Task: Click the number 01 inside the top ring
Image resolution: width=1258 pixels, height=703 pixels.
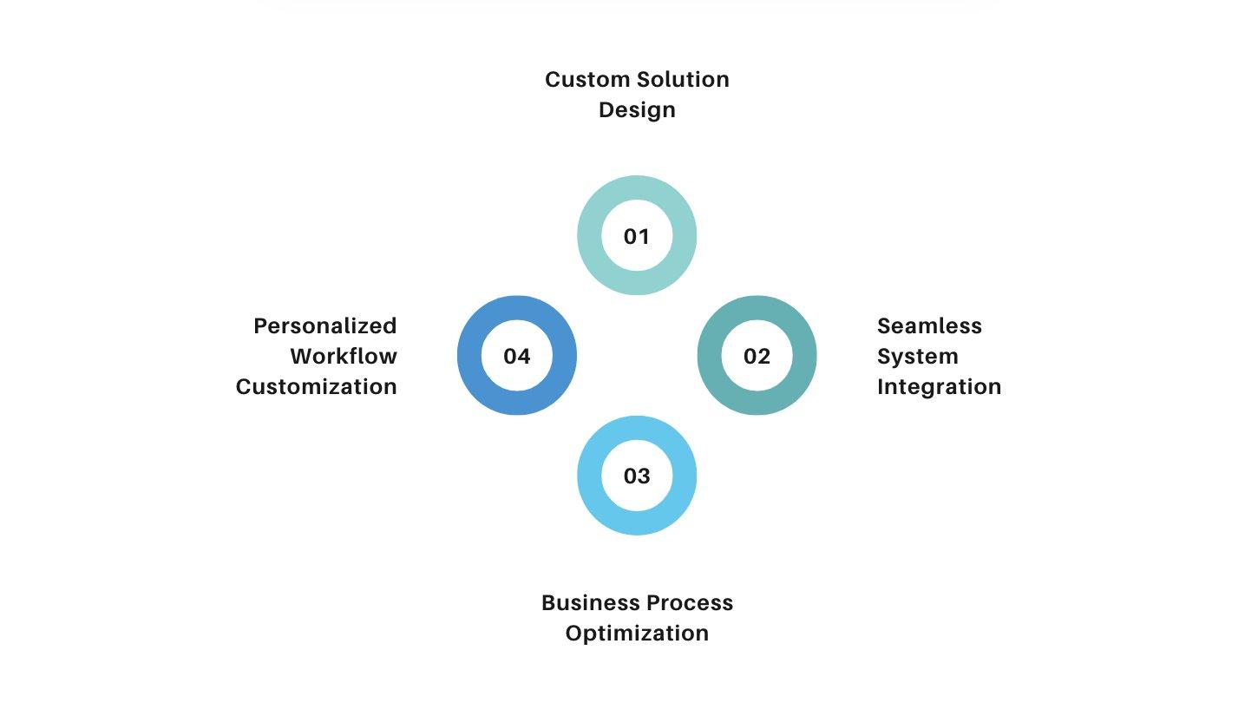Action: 637,236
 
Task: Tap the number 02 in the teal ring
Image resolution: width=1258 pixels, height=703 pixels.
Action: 757,356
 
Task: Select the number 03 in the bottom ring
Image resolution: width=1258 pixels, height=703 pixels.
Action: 637,476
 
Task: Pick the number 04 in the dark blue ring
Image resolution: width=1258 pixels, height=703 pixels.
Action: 517,356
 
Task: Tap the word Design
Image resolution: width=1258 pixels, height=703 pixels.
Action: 637,110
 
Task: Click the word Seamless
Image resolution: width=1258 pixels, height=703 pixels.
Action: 929,326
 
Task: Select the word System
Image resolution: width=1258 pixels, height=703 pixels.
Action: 917,357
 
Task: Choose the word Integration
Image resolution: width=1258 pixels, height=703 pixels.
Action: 939,386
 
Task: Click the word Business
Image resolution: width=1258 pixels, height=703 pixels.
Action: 587,603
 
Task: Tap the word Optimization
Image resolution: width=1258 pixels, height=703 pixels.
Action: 637,634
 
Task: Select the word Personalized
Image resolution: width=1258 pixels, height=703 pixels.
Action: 325,326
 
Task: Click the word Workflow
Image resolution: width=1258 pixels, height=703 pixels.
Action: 344,357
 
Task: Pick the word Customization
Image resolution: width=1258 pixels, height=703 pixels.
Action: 317,386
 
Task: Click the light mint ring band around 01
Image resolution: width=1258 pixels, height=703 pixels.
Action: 637,188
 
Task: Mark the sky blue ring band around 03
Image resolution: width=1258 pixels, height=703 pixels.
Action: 637,523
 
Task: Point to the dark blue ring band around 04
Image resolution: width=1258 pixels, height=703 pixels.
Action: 469,356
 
